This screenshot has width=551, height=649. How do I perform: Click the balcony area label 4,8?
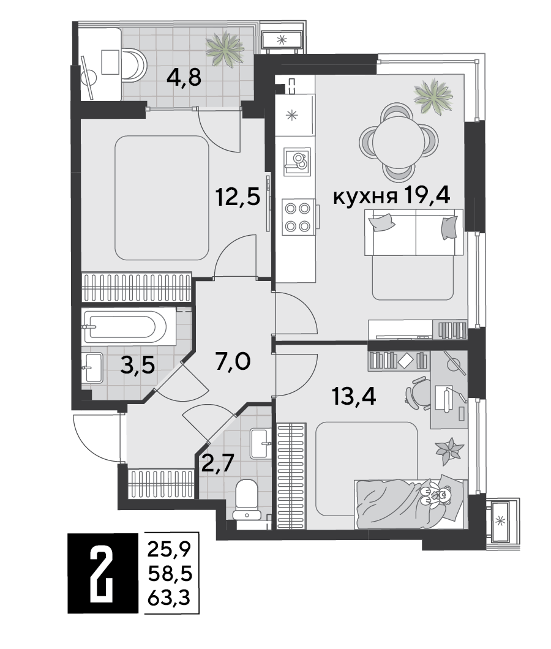[184, 77]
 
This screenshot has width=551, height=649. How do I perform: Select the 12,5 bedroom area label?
[238, 197]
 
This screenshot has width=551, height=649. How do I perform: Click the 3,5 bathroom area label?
[138, 365]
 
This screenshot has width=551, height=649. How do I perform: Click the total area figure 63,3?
[169, 597]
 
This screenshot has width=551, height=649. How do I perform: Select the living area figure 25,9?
[169, 550]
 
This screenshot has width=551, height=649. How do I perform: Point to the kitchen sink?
[297, 162]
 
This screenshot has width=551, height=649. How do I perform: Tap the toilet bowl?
[247, 500]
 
